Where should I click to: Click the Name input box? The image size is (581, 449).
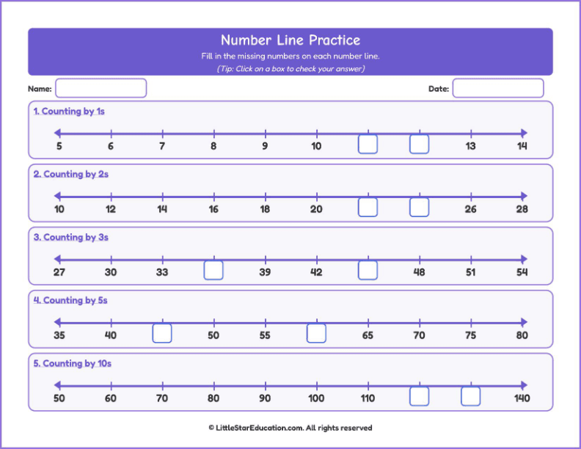click(x=101, y=88)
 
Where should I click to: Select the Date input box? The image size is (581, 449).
click(x=497, y=88)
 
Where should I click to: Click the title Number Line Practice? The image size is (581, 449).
click(x=290, y=40)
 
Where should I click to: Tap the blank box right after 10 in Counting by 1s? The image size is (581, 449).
click(x=368, y=144)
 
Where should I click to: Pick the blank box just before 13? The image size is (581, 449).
click(x=419, y=144)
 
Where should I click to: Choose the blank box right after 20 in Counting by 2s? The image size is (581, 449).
click(x=368, y=207)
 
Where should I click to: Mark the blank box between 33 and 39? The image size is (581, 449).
click(x=213, y=270)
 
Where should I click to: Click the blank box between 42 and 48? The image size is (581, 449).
click(x=368, y=270)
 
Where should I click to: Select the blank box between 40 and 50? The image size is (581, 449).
click(x=162, y=333)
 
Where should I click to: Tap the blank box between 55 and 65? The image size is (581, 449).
click(x=316, y=333)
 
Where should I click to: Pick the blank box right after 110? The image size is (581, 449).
click(x=419, y=396)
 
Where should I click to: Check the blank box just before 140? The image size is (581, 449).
click(x=470, y=396)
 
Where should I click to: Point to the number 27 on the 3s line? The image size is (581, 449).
click(x=59, y=272)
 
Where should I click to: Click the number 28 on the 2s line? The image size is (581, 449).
click(x=522, y=209)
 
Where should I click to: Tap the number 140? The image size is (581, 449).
click(x=522, y=398)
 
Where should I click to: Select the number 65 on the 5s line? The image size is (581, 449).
click(x=368, y=335)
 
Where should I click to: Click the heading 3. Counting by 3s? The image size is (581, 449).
click(x=70, y=238)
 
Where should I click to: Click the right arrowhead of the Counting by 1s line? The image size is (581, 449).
click(x=524, y=133)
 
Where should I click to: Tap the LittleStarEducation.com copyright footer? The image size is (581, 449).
click(x=290, y=428)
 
